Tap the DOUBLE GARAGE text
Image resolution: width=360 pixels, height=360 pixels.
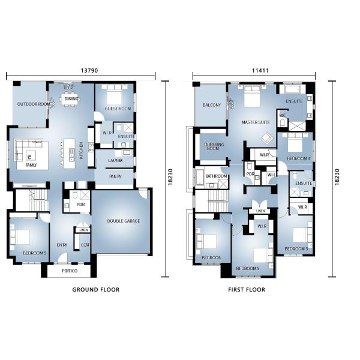124,221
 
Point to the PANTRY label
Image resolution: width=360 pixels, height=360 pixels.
116,176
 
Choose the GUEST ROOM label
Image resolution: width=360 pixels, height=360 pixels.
118,109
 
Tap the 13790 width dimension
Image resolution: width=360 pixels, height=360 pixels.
89,70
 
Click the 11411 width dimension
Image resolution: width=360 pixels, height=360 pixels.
260,70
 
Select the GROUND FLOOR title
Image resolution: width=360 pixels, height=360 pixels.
95,290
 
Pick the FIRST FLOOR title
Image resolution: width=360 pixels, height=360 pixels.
246,290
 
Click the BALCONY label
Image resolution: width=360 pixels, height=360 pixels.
211,106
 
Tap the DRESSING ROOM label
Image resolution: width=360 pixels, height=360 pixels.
214,146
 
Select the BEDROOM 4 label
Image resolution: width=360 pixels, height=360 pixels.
298,158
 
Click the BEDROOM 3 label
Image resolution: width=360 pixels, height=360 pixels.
296,248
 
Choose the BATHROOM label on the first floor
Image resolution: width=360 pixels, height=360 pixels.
216,176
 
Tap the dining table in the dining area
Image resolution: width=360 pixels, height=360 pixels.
71,100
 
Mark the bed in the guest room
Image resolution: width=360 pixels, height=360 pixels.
115,95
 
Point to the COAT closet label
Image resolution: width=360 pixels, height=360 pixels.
85,244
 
